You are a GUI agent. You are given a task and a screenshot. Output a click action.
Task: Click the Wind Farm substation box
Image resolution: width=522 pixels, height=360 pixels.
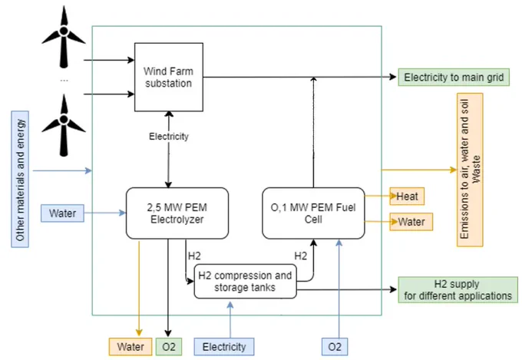(169, 77)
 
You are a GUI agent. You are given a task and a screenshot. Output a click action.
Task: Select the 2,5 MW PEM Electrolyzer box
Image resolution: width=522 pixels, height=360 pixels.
(177, 213)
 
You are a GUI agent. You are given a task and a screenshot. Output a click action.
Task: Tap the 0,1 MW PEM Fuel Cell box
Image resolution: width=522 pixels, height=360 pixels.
(313, 213)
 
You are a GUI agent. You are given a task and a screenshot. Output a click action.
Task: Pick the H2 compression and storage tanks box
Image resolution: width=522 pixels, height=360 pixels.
(245, 282)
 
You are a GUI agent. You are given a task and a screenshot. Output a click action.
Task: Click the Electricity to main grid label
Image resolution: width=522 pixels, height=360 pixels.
(454, 78)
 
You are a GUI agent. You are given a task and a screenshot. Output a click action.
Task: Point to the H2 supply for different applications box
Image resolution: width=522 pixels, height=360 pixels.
(458, 289)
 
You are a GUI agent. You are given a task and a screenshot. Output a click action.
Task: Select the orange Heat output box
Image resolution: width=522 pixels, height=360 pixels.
(407, 197)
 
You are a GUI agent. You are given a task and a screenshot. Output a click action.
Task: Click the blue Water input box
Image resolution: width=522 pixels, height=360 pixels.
(63, 213)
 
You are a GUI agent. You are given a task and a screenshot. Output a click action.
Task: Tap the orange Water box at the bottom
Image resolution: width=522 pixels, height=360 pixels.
(130, 347)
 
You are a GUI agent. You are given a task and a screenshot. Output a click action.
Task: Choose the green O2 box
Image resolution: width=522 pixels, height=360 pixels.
(169, 347)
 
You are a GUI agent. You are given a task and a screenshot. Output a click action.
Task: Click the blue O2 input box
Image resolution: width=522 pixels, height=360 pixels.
(335, 347)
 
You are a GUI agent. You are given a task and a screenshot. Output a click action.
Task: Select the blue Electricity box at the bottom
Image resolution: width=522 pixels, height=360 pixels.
(224, 347)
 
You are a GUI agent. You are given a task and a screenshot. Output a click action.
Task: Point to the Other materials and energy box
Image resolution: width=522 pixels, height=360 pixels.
(20, 179)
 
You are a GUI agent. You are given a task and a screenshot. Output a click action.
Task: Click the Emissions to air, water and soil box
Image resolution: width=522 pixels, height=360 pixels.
(470, 170)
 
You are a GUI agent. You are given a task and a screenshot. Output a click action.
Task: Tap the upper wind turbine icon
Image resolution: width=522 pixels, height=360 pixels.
(64, 38)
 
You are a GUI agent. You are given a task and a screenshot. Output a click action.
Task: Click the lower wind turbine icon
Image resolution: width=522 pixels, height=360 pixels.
(64, 126)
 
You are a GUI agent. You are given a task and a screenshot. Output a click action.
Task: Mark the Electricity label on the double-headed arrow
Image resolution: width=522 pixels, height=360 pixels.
(169, 136)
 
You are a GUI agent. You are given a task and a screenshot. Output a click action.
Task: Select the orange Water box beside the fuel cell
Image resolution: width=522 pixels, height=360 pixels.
(411, 222)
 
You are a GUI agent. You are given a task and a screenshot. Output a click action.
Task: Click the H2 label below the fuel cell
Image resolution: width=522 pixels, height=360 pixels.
(301, 256)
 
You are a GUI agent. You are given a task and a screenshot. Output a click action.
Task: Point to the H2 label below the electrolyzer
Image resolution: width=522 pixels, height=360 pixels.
(194, 256)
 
